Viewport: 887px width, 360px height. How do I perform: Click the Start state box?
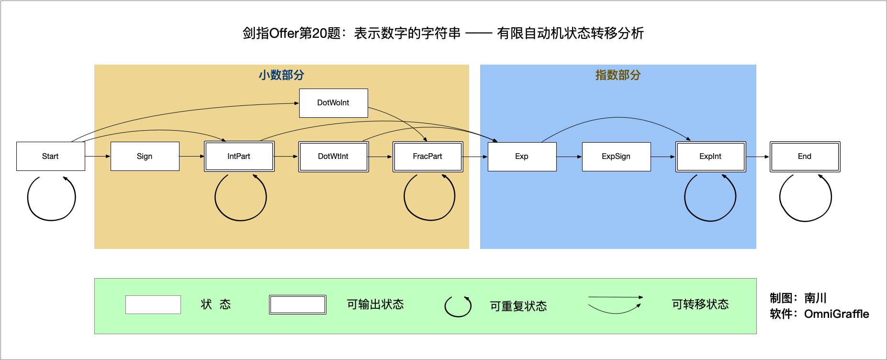tap(50, 156)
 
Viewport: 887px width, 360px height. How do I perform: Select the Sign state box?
tap(145, 156)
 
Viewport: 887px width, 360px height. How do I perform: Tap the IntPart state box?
tap(239, 156)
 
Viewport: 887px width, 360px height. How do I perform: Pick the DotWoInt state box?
tap(333, 103)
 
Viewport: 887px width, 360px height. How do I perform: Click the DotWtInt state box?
tap(333, 156)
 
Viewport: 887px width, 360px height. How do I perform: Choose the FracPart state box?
tap(427, 156)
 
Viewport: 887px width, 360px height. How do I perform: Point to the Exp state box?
tap(522, 156)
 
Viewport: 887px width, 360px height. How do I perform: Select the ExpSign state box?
tap(616, 156)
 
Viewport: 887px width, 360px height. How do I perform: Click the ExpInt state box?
tap(710, 156)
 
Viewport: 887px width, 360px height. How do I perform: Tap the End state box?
tap(805, 156)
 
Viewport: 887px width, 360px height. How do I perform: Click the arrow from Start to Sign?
tap(98, 156)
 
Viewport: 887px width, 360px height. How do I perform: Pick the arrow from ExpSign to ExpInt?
tap(663, 157)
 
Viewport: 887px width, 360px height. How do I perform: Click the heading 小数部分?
tap(281, 75)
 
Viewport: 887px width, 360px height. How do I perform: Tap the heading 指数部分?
tap(618, 75)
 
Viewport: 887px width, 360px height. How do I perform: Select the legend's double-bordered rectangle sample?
tap(297, 304)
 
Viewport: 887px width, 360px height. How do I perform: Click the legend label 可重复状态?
tap(518, 306)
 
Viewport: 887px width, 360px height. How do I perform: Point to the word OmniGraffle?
tap(836, 314)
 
